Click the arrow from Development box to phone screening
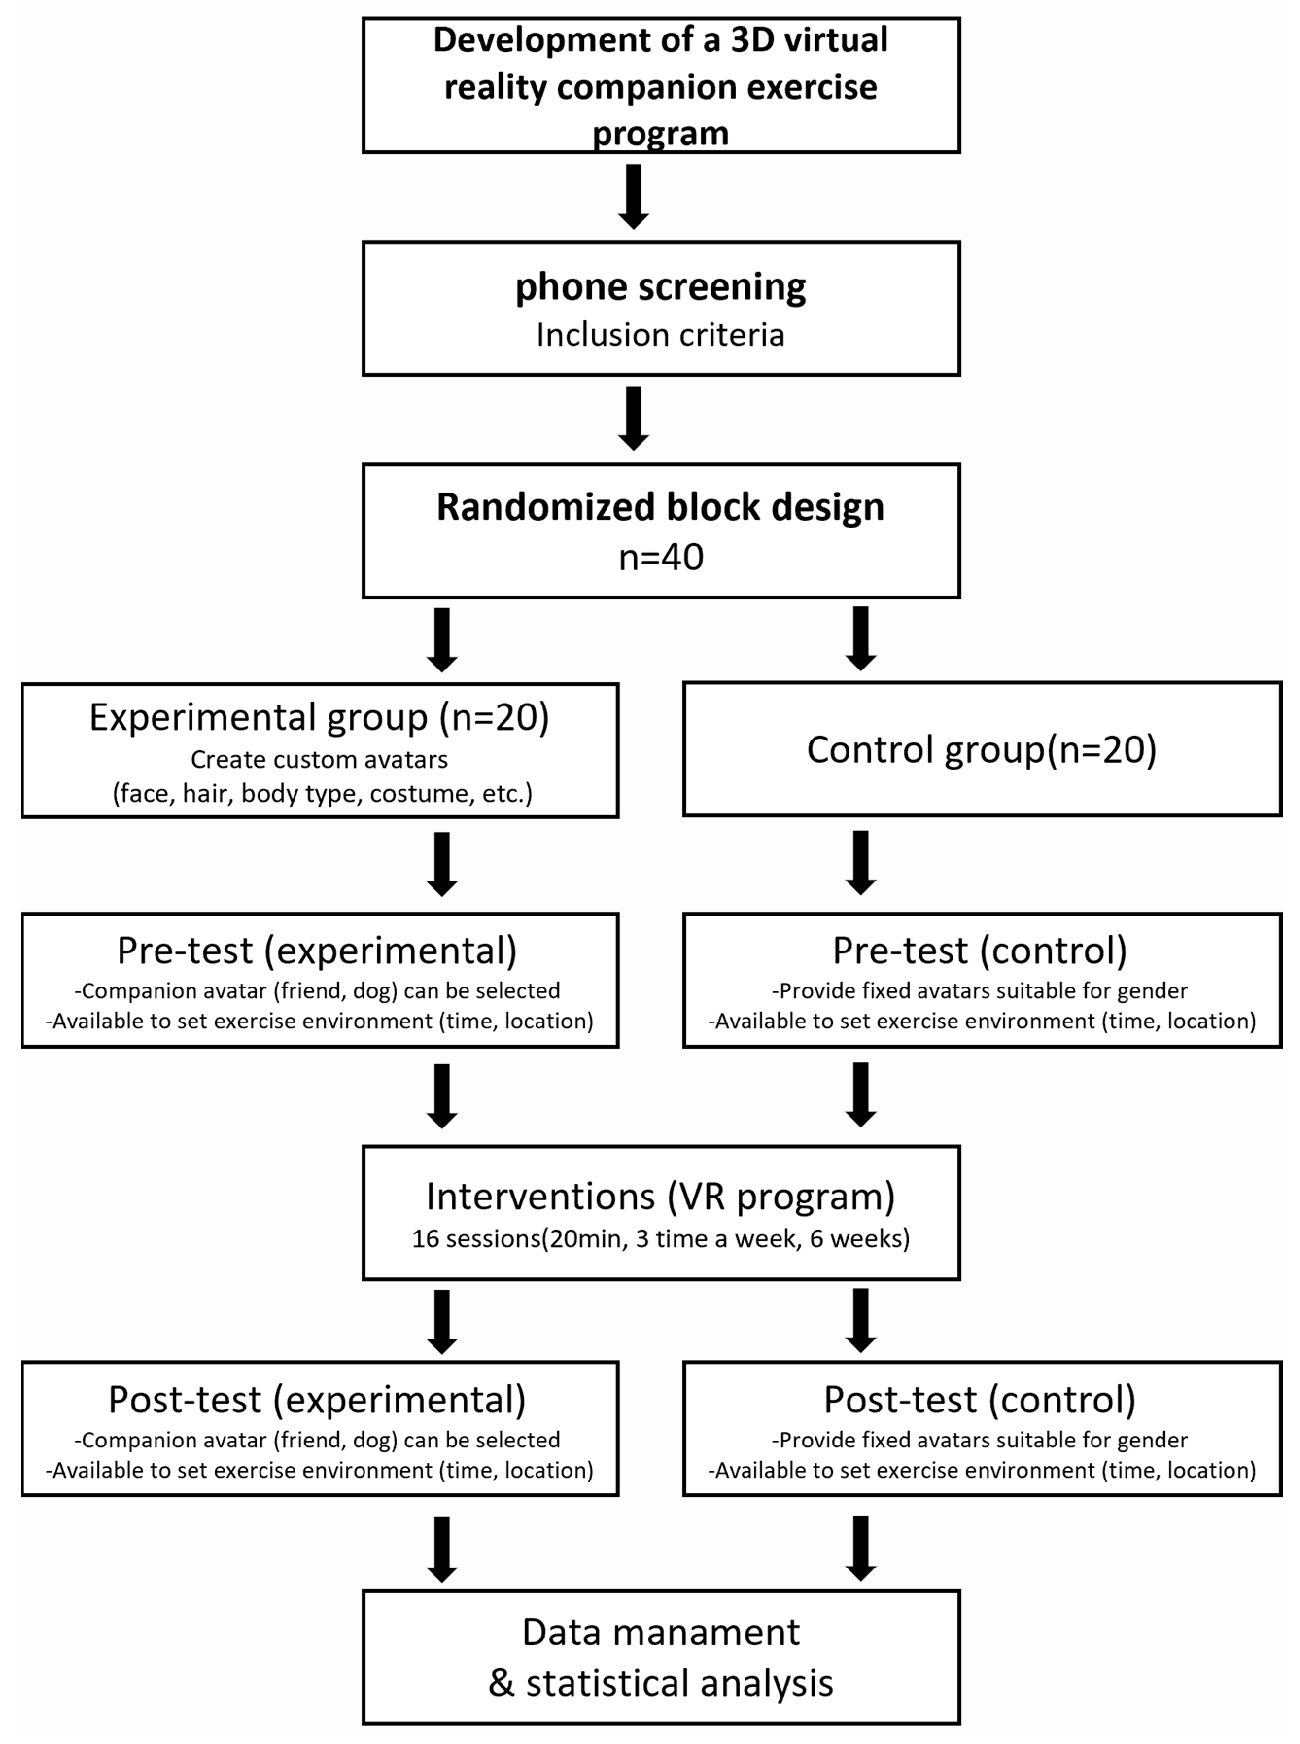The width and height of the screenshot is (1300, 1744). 633,196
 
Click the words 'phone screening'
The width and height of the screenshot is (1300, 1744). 660,287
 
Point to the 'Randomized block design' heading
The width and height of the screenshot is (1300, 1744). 660,507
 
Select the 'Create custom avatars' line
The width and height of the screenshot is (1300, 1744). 319,760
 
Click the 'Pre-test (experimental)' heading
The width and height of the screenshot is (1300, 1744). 317,951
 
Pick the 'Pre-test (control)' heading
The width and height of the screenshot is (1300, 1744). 980,951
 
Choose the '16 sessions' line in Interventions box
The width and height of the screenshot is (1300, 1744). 660,1238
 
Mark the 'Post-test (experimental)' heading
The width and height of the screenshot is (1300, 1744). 317,1400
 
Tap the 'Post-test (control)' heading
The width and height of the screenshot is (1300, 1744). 980,1400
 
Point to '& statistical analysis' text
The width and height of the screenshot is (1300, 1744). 660,1683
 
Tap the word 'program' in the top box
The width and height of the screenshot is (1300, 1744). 660,134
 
